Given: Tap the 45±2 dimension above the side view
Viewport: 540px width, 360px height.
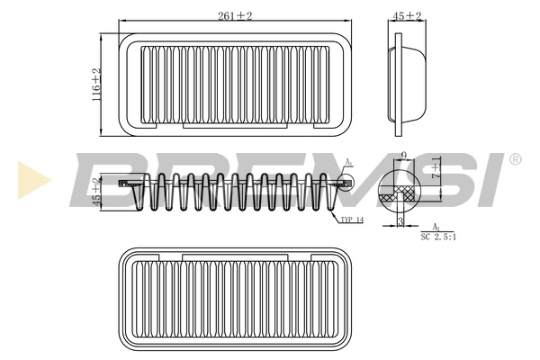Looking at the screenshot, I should [x=407, y=16].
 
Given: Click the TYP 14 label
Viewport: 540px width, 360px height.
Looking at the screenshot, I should [x=352, y=219].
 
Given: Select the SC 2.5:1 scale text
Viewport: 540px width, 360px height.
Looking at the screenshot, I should [x=439, y=237].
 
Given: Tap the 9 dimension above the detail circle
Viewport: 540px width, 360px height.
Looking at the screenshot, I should [x=404, y=157].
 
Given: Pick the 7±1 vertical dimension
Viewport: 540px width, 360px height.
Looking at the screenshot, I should [x=437, y=170].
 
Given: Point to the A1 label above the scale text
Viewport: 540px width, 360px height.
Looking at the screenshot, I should [x=436, y=227].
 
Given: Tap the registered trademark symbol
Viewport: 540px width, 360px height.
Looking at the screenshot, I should [x=515, y=159].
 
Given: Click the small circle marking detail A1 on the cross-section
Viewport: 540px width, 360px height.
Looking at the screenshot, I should [x=347, y=183].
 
